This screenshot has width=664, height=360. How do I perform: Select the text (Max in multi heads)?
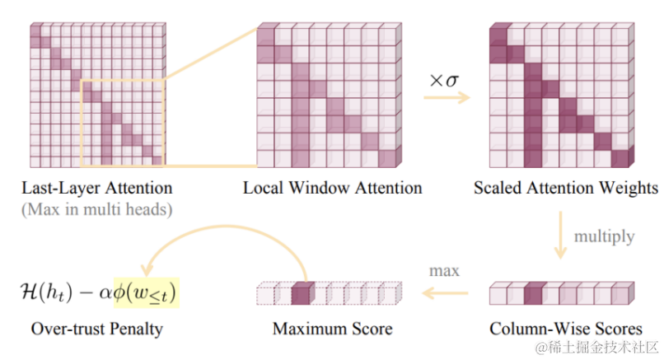pos(96,209)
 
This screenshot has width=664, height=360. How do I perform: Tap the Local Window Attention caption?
pos(332,188)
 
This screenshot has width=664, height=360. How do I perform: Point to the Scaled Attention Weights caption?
pos(566,188)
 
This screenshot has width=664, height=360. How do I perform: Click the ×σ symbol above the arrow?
pos(442,81)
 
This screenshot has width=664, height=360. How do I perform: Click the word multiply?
pos(605,236)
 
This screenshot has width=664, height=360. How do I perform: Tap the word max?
pos(443,270)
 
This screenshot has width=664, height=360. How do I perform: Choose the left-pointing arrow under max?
pos(446,292)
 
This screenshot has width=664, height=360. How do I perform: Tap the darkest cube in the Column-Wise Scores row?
pos(535,294)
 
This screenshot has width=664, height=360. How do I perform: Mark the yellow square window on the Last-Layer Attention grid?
pos(124,123)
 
